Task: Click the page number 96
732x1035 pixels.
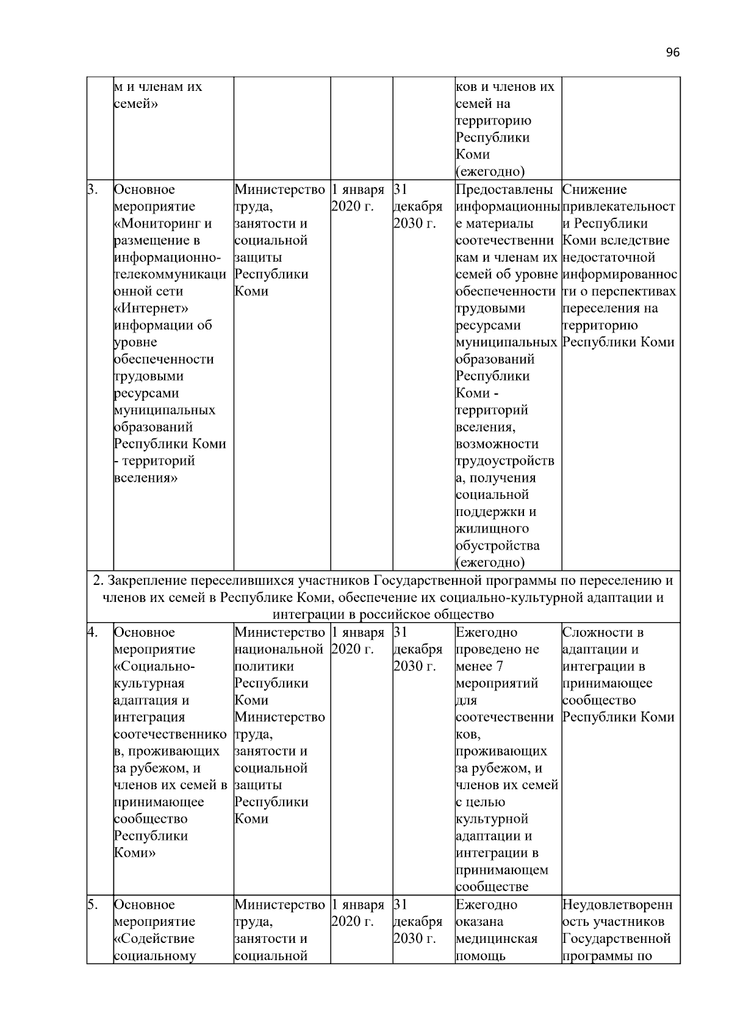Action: click(672, 52)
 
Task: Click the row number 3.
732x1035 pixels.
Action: click(91, 190)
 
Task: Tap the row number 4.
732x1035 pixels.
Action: click(91, 632)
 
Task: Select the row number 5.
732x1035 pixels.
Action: click(91, 904)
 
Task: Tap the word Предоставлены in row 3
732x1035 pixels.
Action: click(505, 190)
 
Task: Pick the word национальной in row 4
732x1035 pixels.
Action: click(278, 650)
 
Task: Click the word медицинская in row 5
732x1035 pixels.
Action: click(496, 939)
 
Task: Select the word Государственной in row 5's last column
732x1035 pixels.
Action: click(616, 939)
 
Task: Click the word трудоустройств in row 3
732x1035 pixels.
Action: click(504, 461)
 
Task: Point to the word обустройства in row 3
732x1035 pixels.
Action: click(497, 546)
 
